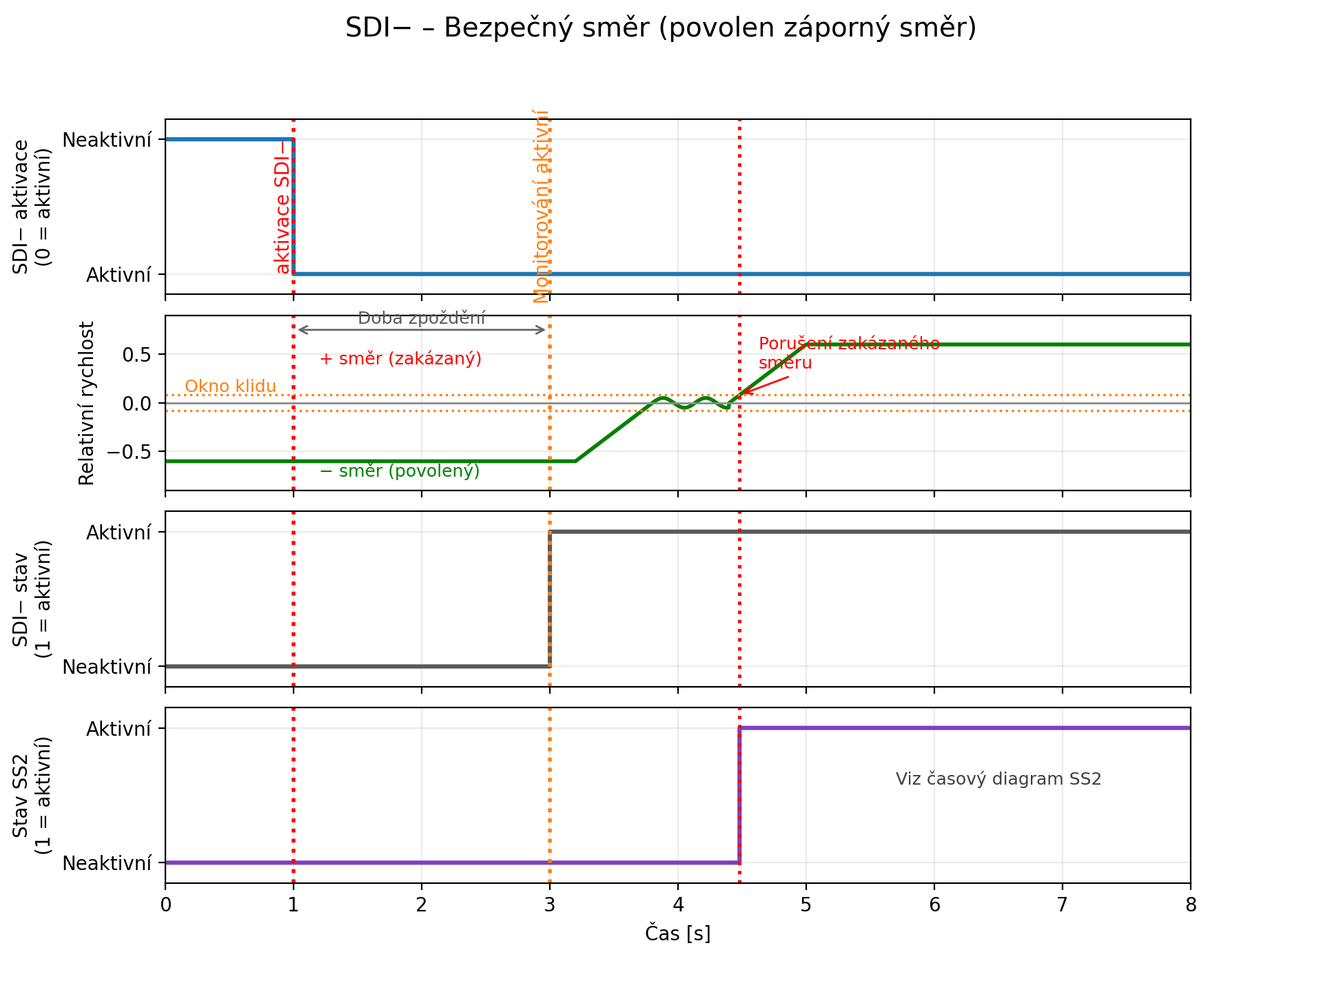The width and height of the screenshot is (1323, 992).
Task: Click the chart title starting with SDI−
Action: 661,28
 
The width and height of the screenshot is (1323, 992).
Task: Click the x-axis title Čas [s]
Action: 677,933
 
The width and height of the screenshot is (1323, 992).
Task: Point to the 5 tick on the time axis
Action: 806,905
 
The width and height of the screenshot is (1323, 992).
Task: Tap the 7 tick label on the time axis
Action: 1062,905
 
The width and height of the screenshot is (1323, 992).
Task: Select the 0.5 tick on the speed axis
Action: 136,355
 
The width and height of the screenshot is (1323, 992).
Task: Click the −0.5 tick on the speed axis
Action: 130,452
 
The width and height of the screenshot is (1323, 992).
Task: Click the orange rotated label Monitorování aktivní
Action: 542,207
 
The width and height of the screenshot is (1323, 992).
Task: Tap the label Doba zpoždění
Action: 421,318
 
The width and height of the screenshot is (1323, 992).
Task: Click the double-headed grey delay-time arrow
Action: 421,330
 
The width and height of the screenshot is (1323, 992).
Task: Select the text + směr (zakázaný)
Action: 400,359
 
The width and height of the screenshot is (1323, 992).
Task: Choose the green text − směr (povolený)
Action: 400,471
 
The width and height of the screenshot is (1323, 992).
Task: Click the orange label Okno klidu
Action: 230,386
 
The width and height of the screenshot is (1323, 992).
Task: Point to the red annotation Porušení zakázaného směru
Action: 848,353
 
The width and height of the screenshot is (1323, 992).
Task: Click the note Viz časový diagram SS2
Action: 998,779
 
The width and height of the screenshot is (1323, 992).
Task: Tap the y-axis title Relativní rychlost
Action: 87,403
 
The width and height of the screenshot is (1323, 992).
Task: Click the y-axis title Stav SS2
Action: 21,796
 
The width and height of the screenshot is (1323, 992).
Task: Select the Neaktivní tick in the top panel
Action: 107,141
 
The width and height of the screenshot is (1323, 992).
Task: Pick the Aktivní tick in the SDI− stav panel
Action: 119,533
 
